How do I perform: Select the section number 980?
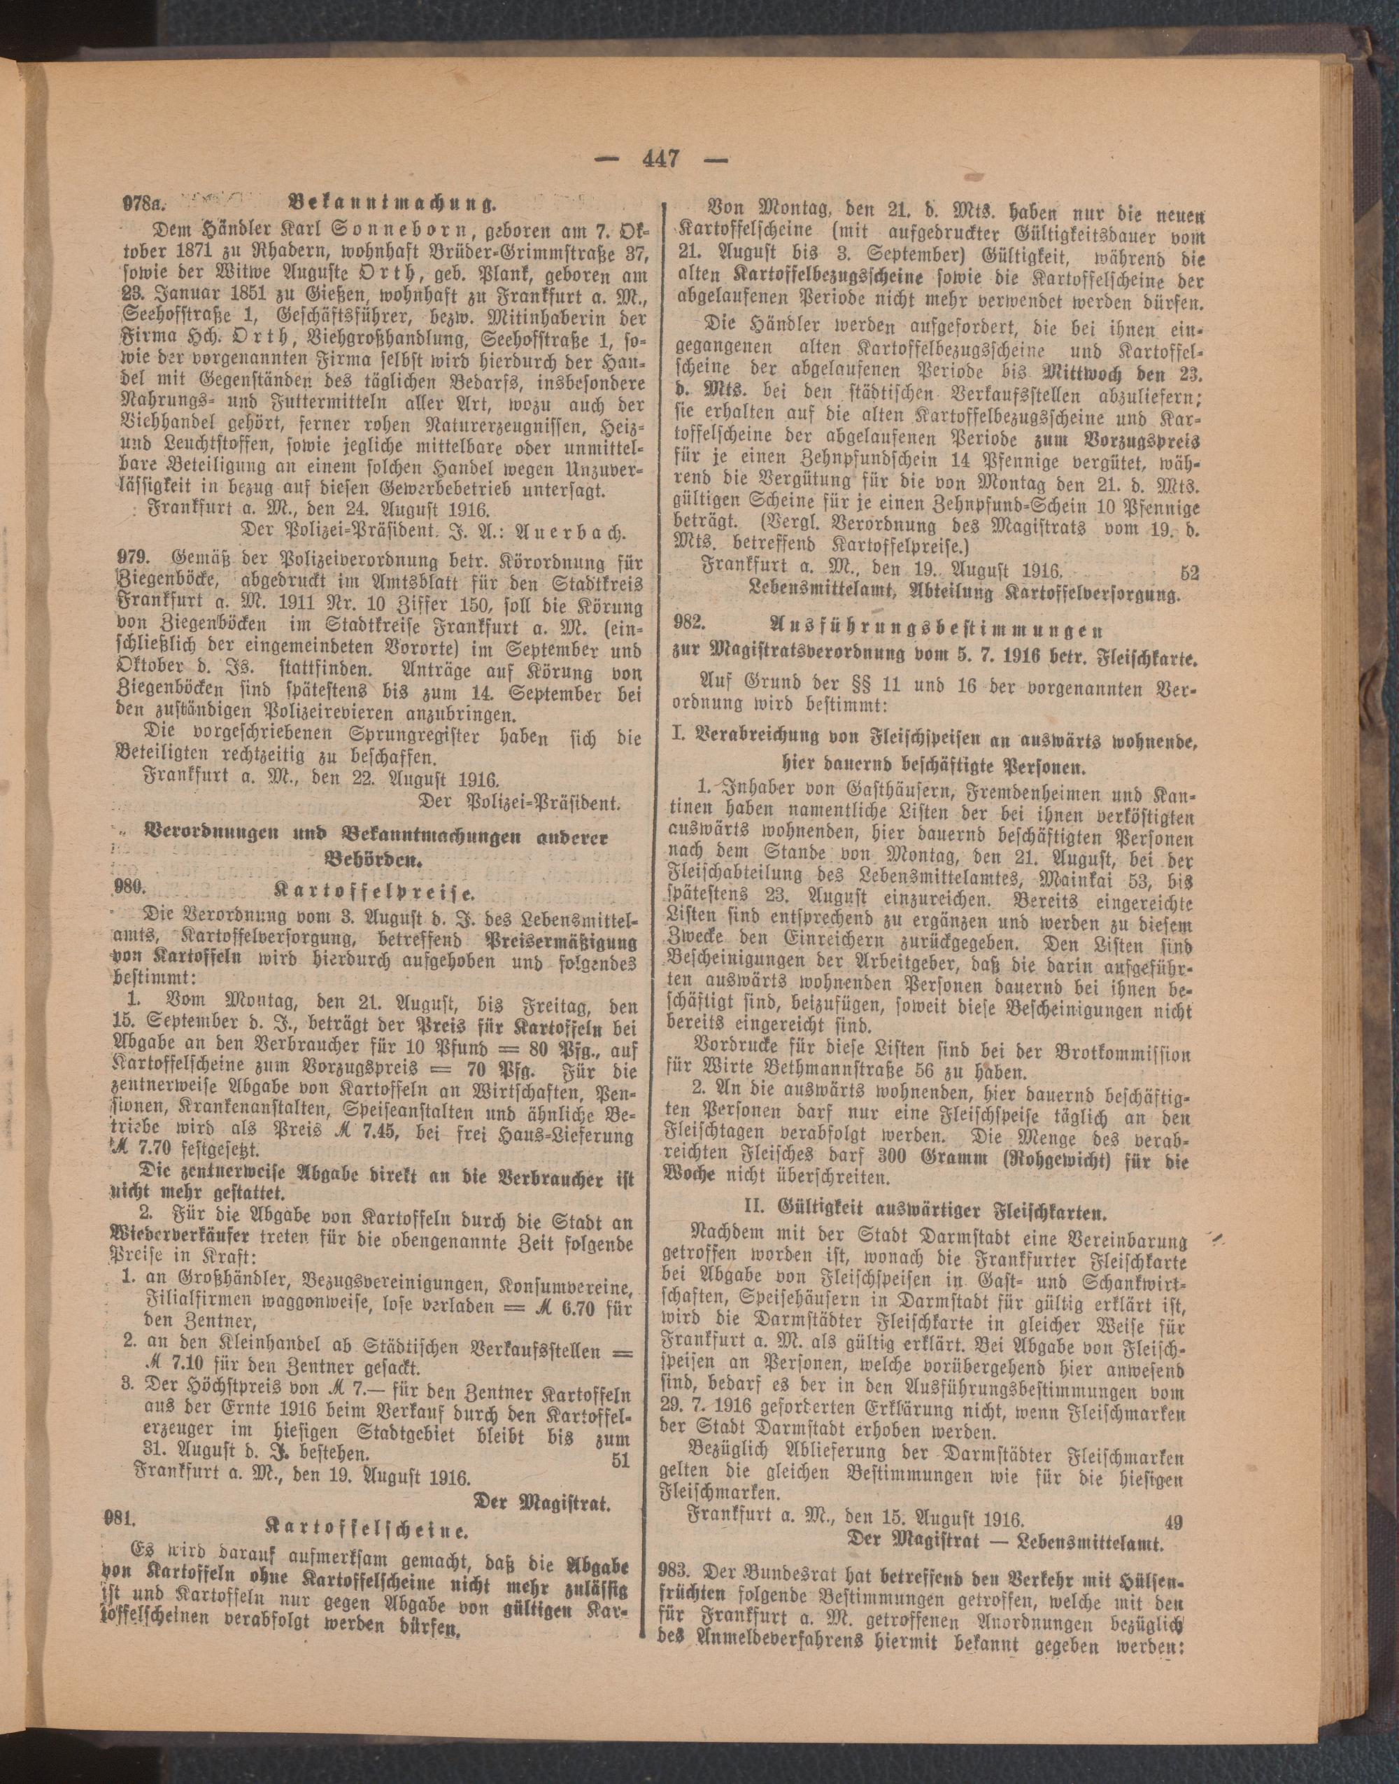[x=129, y=887]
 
